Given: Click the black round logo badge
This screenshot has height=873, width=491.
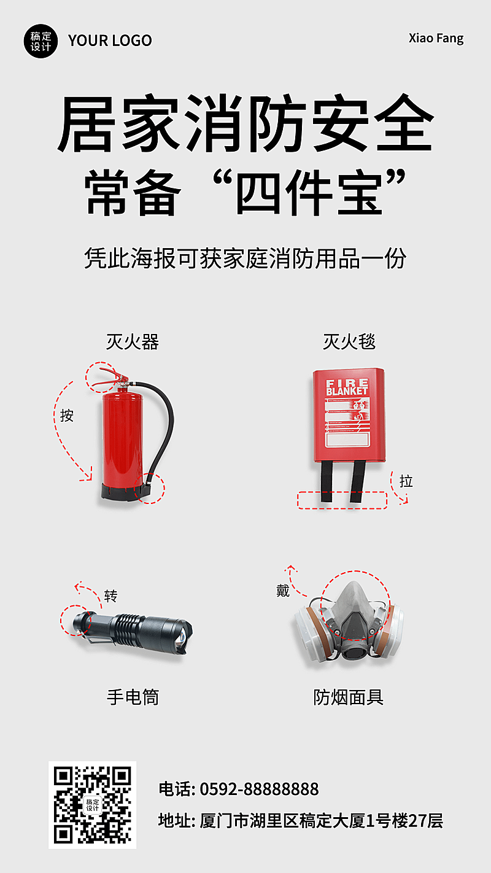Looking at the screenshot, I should click(x=41, y=41).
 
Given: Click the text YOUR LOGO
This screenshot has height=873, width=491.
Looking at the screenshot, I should click(x=110, y=41).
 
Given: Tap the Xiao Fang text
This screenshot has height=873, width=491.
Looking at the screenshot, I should click(x=436, y=38).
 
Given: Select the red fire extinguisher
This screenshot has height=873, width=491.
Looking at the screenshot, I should click(x=122, y=442).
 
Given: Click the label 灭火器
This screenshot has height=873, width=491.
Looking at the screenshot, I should click(x=132, y=342).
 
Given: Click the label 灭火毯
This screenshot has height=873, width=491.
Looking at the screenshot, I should click(x=349, y=342).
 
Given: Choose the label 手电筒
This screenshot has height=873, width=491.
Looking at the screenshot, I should click(x=133, y=697).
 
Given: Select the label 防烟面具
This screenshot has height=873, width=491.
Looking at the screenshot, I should click(x=348, y=697).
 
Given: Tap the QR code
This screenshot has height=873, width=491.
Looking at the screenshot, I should click(x=92, y=804).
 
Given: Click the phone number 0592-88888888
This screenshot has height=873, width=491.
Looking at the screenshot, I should click(x=259, y=789).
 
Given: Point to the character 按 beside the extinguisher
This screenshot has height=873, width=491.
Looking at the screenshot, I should click(x=66, y=416).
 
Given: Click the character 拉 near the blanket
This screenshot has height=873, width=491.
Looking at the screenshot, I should click(x=406, y=481).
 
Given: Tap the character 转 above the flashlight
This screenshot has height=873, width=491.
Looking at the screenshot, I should click(x=110, y=596).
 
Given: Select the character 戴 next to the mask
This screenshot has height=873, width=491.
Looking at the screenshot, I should click(x=282, y=591).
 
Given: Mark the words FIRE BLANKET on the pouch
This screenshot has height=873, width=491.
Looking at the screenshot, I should click(x=347, y=387).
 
